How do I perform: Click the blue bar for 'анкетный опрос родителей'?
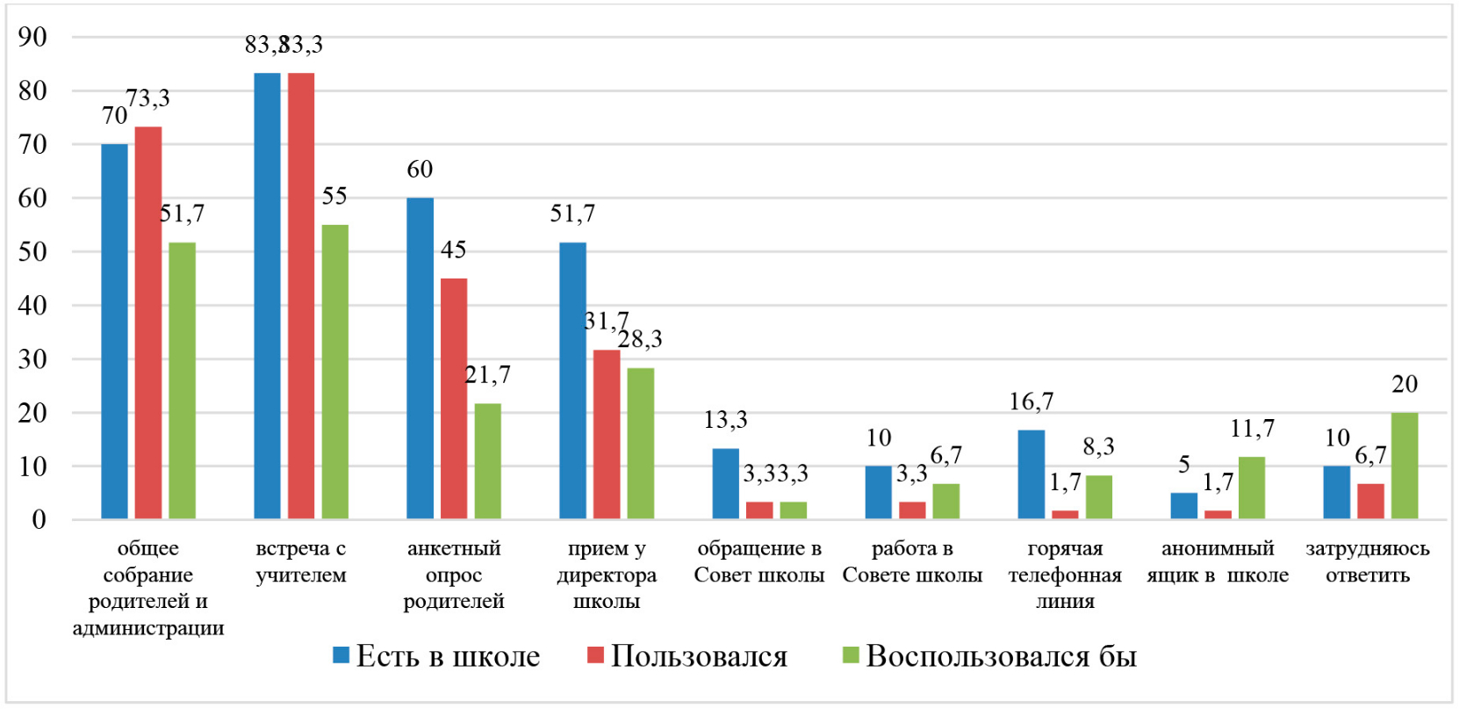click(x=420, y=358)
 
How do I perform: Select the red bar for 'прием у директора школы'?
click(x=607, y=434)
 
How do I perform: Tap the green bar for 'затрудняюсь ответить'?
click(x=1404, y=466)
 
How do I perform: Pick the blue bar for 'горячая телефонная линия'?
click(x=1031, y=474)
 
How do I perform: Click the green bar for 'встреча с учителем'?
click(x=334, y=372)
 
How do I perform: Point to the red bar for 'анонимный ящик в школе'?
click(x=1218, y=515)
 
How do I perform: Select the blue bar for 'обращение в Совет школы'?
click(x=725, y=484)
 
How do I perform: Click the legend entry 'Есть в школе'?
click(x=436, y=656)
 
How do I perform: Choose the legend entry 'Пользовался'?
click(x=687, y=656)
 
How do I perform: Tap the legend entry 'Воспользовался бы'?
click(x=989, y=656)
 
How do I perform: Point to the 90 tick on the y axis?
click(x=33, y=37)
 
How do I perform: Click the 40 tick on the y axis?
click(x=33, y=306)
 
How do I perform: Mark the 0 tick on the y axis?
click(x=39, y=520)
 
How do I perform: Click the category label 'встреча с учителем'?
click(x=301, y=561)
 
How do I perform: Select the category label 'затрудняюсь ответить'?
click(x=1368, y=561)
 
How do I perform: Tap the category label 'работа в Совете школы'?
click(x=912, y=561)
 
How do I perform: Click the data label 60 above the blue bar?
click(x=420, y=170)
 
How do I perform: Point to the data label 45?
click(x=453, y=250)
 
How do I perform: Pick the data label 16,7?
click(x=1031, y=402)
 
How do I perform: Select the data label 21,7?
click(x=487, y=375)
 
